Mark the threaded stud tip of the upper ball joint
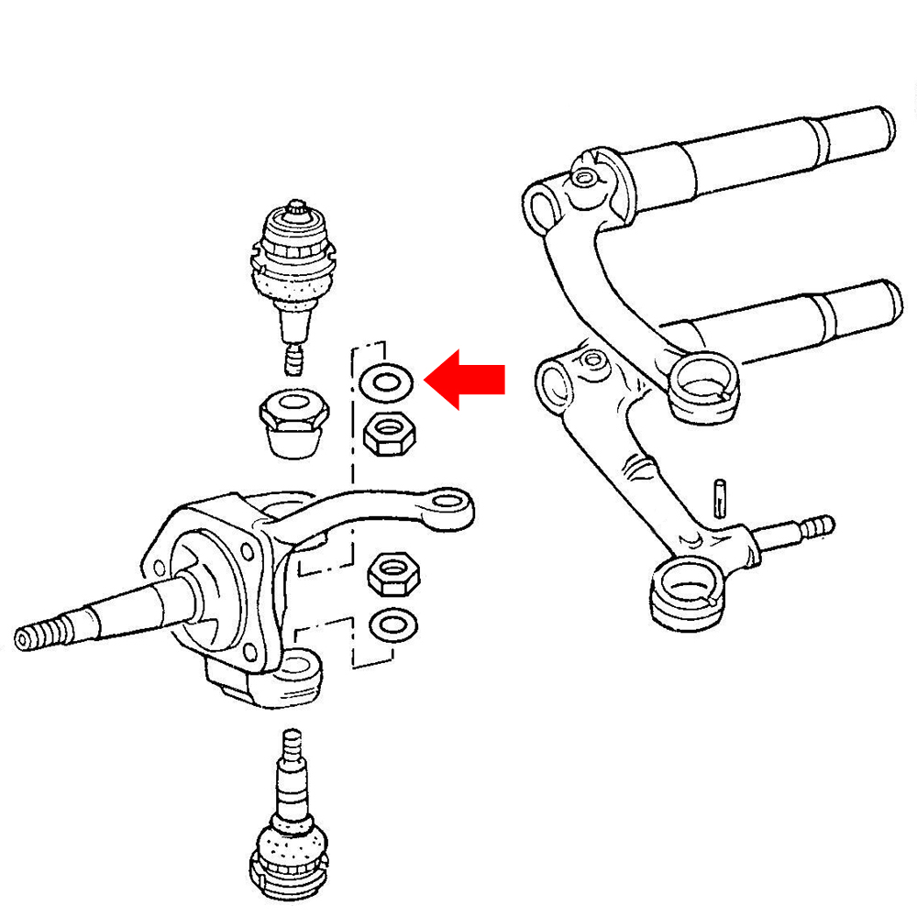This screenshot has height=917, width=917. pyautogui.click(x=293, y=359)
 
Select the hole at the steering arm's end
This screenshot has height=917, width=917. pyautogui.click(x=449, y=501)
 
